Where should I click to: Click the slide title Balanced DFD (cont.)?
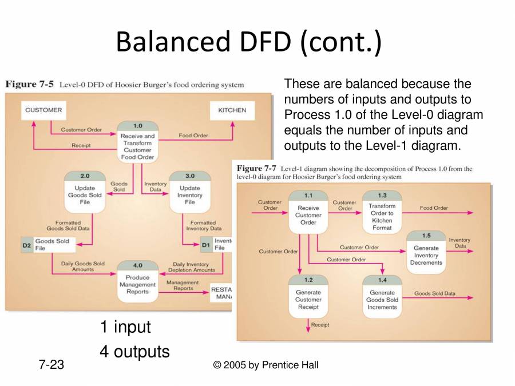[248, 42]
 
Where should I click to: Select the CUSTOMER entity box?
[43, 110]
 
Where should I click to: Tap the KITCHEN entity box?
[232, 110]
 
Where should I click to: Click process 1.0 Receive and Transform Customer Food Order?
[137, 141]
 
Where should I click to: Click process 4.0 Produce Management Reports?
[137, 281]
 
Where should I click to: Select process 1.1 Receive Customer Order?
[308, 212]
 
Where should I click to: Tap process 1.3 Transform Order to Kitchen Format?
[382, 212]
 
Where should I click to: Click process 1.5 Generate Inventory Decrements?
[426, 251]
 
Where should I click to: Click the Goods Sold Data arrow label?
[435, 293]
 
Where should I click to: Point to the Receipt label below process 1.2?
[320, 325]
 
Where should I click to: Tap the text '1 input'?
[125, 327]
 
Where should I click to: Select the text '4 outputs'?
[134, 351]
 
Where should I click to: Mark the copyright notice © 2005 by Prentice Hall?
[266, 365]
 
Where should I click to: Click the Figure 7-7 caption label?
[256, 169]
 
